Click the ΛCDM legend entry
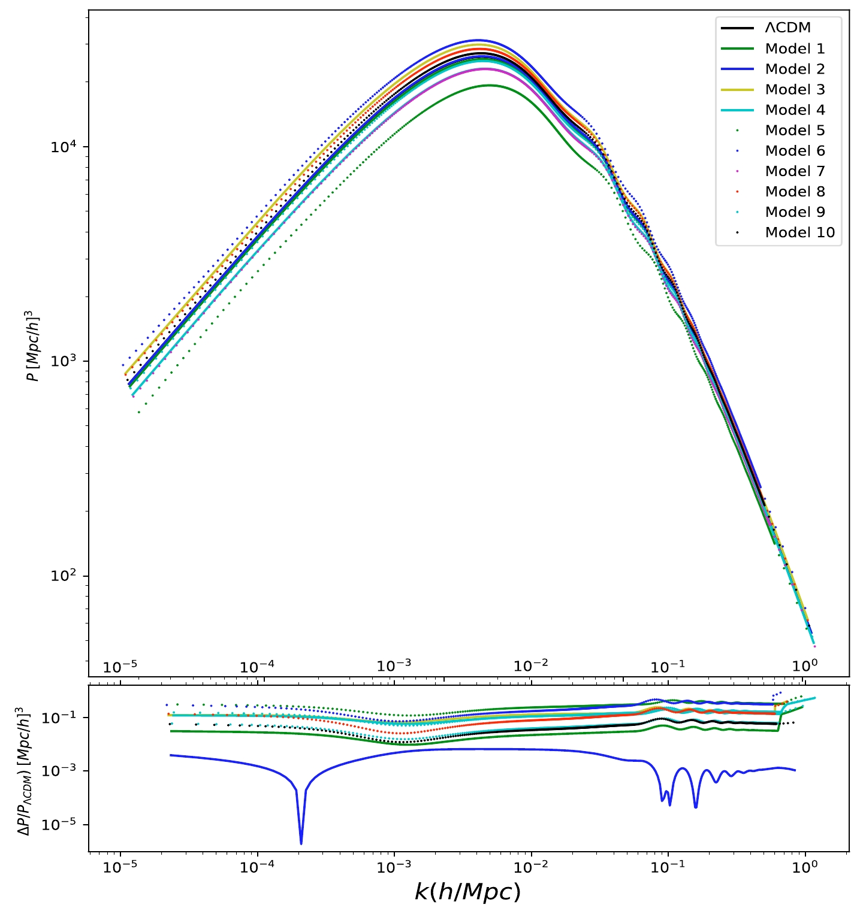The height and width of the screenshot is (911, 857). pyautogui.click(x=787, y=28)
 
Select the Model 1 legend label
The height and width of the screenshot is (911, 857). pyautogui.click(x=795, y=49)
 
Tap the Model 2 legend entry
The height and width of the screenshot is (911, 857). pyautogui.click(x=795, y=69)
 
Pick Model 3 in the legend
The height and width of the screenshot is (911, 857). pyautogui.click(x=795, y=89)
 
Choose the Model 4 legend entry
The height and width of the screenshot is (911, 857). pyautogui.click(x=795, y=110)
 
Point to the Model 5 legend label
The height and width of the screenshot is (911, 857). pyautogui.click(x=795, y=130)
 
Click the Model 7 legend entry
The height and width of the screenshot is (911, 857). pyautogui.click(x=795, y=171)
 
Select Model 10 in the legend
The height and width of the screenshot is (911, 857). pyautogui.click(x=799, y=232)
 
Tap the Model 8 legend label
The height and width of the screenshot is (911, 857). pyautogui.click(x=795, y=192)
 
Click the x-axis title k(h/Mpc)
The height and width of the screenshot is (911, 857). pyautogui.click(x=467, y=892)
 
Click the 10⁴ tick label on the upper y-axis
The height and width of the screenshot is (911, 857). pyautogui.click(x=65, y=146)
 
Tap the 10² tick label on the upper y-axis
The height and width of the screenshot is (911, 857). pyautogui.click(x=65, y=576)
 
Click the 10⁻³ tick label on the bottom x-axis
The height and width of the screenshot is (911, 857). pyautogui.click(x=394, y=867)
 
